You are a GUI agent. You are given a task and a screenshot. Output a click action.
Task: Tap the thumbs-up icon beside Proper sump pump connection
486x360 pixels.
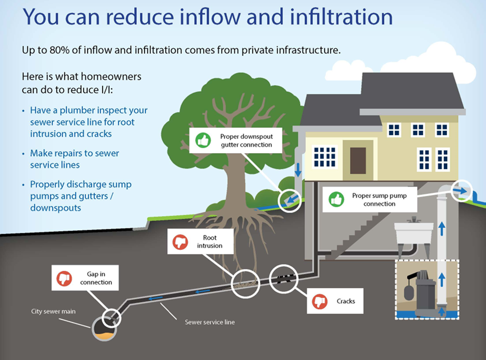[336, 200]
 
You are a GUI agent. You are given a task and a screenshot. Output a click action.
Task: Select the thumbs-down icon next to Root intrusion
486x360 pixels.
[180, 242]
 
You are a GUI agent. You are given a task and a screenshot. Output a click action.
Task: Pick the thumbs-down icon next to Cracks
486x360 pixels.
[319, 301]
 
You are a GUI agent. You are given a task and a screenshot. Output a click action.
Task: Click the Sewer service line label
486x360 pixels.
[210, 322]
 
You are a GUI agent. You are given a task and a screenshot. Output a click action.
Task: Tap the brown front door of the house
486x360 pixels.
[358, 157]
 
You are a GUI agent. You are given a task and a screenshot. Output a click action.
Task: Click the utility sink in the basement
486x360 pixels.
[413, 232]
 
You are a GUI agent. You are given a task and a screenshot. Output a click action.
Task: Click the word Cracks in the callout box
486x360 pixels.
[346, 301]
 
